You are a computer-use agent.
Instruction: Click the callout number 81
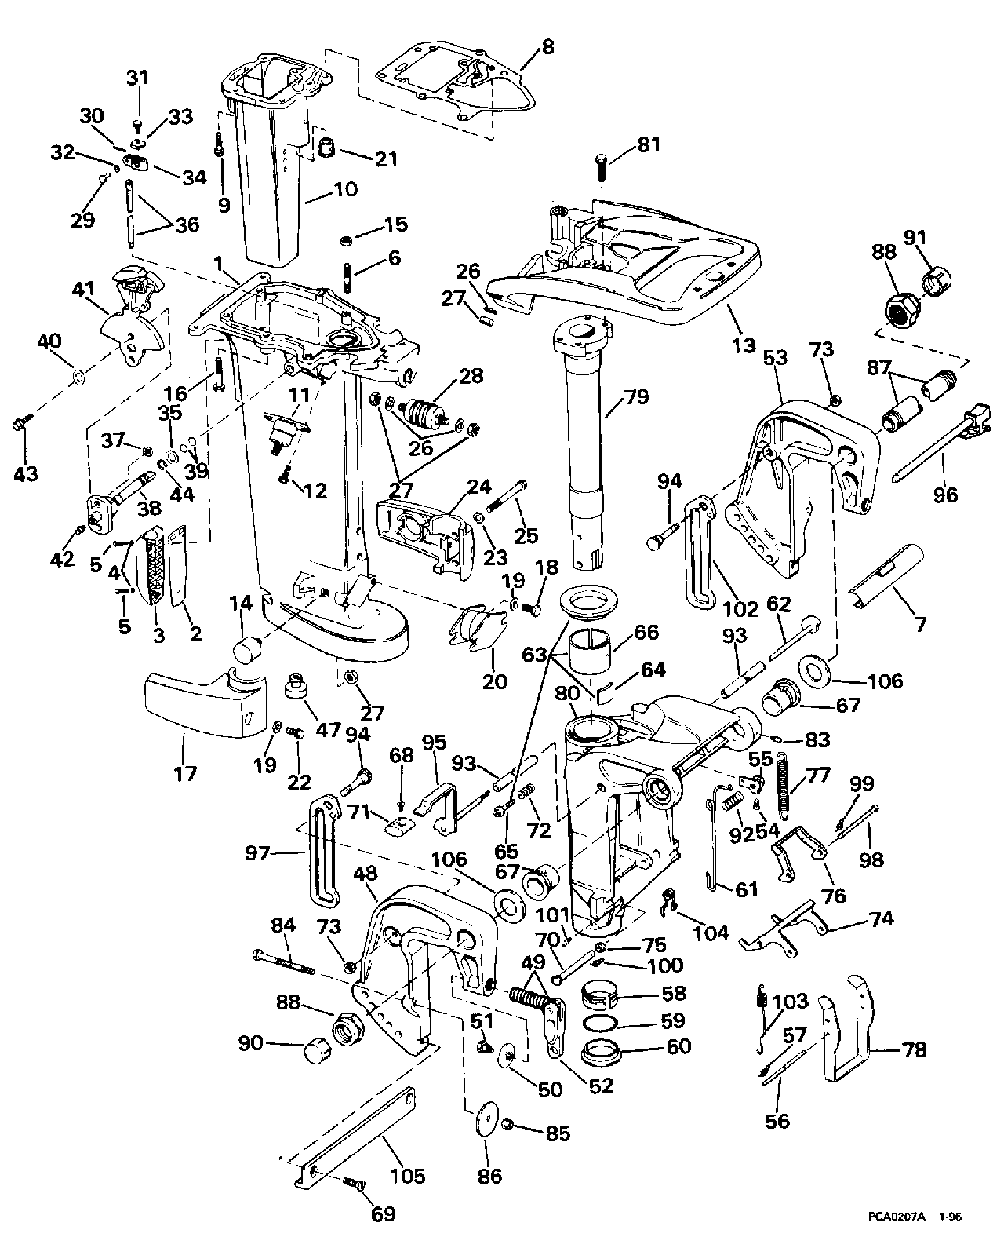(x=649, y=144)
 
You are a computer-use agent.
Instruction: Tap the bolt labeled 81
(x=602, y=169)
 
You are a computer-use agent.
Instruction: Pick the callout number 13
(x=744, y=345)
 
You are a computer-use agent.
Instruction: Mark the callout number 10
(x=346, y=188)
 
